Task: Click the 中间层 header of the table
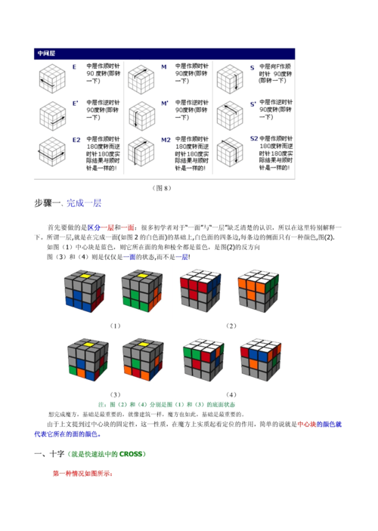(x=47, y=54)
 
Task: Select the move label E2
(x=76, y=140)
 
